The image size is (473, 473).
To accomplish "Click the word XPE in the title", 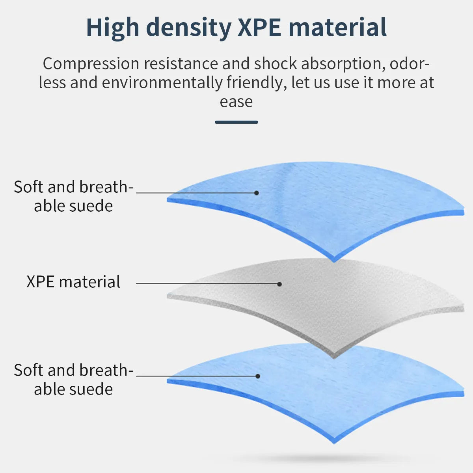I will tap(259, 28).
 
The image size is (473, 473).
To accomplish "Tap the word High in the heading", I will tap(112, 28).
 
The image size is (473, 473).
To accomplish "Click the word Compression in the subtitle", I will tap(91, 64).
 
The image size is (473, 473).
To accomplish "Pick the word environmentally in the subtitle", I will tap(162, 83).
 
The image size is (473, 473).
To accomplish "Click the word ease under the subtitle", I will tap(236, 102).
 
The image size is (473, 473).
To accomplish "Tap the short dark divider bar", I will tap(236, 122).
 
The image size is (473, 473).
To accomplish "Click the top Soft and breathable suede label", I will tap(73, 196).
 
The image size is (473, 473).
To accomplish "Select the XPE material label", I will tap(73, 282).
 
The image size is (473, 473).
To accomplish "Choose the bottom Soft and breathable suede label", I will tap(73, 380).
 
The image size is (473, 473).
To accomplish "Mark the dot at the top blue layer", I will tap(256, 193).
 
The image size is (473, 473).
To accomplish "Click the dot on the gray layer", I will tap(279, 284).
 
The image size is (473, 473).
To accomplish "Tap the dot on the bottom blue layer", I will tap(258, 376).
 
